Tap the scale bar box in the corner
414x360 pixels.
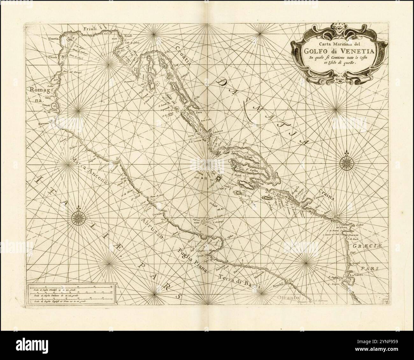71,294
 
